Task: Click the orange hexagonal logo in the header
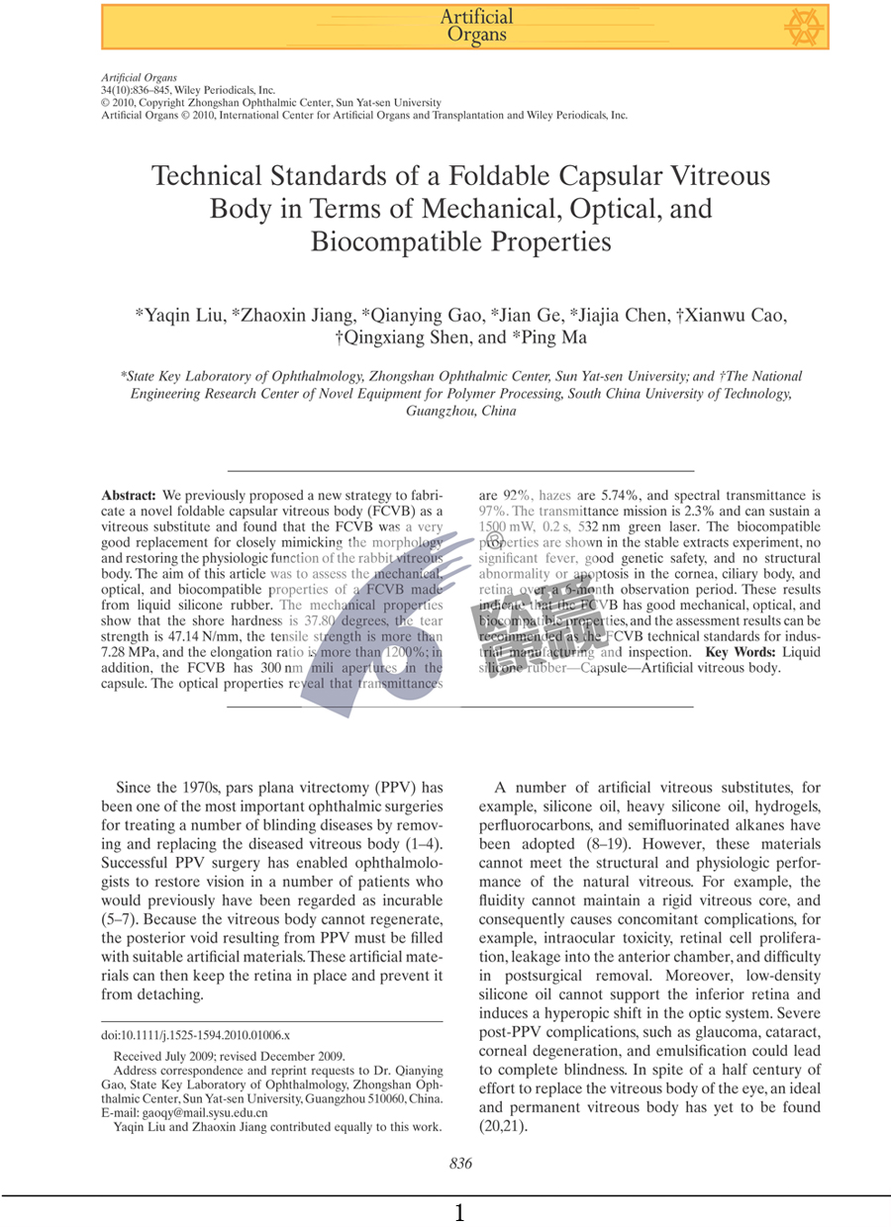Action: [803, 28]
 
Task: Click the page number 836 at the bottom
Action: [460, 1164]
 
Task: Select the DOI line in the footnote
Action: [195, 1034]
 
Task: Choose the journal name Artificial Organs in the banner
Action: [476, 26]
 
